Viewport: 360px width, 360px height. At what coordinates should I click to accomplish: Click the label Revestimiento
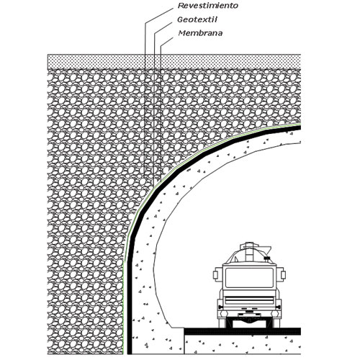[x=208, y=6]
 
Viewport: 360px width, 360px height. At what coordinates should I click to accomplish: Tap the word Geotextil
[x=197, y=19]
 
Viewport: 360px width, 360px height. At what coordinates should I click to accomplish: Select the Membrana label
[x=200, y=33]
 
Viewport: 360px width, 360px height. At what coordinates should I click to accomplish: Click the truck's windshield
[x=249, y=277]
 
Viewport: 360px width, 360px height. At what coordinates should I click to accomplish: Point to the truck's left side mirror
[x=215, y=274]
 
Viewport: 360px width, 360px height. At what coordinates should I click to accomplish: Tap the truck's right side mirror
[x=283, y=274]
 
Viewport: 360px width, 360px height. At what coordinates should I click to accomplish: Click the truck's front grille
[x=249, y=300]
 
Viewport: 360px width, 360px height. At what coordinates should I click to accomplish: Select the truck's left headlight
[x=220, y=307]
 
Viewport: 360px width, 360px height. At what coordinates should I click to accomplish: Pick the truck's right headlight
[x=279, y=307]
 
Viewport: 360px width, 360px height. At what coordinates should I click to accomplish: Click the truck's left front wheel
[x=222, y=323]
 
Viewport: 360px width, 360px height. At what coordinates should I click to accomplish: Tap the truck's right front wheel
[x=276, y=323]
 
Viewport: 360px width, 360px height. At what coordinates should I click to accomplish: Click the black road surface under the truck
[x=243, y=331]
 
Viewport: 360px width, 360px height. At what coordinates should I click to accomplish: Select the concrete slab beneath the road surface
[x=243, y=344]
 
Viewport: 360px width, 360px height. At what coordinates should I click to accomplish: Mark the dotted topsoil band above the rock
[x=174, y=61]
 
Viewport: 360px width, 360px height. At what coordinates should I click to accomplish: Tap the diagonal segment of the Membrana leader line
[x=166, y=42]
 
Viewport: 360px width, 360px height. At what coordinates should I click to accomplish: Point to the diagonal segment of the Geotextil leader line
[x=163, y=28]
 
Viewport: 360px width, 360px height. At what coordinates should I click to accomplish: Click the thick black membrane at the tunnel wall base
[x=130, y=312]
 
